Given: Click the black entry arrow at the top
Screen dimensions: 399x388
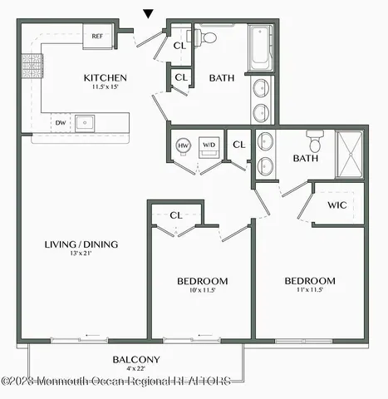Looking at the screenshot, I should [x=149, y=13].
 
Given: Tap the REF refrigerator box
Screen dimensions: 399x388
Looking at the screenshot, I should [x=96, y=37].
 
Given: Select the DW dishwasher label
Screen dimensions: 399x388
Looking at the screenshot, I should [x=60, y=123].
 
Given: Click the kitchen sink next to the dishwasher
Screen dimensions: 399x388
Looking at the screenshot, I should [x=85, y=123].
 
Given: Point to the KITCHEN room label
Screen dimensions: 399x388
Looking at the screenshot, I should [x=105, y=78].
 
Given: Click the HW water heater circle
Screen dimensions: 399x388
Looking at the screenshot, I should [x=184, y=146].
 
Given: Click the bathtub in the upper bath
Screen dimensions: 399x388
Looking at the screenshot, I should [x=260, y=47].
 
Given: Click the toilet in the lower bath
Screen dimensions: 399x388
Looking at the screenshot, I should [x=315, y=136].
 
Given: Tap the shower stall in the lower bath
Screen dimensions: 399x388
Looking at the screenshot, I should [x=350, y=154].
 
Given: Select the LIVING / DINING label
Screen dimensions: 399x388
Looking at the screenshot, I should [x=81, y=244].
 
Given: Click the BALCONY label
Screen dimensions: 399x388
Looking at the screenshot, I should [x=136, y=360].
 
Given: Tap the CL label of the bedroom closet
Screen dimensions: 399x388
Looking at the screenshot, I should [x=175, y=215].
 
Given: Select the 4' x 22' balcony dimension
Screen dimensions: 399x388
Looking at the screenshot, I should [x=136, y=370].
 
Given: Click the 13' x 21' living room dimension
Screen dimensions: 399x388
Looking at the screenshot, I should [x=81, y=254].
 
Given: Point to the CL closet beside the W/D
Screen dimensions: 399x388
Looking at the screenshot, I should [x=239, y=145].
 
